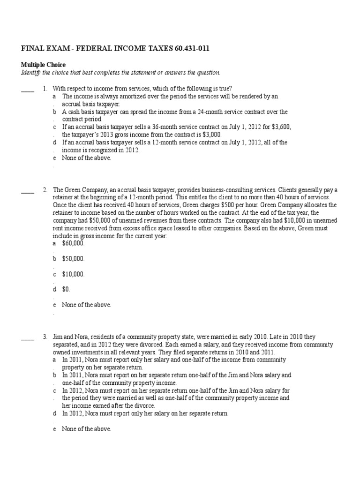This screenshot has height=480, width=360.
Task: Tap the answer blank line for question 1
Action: coord(28,91)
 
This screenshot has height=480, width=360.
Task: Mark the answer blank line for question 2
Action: coord(28,193)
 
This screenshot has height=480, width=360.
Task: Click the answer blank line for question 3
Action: coord(28,339)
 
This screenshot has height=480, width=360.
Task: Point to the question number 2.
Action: coord(45,190)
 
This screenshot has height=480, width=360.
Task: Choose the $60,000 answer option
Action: coord(73,243)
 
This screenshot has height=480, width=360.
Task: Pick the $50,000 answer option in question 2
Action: coord(73,259)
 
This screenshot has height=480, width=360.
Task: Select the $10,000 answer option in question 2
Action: coord(73,274)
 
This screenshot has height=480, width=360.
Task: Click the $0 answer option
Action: coord(66,289)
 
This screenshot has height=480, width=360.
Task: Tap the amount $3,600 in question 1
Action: coord(289,127)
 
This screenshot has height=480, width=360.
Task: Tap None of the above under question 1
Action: coord(86,157)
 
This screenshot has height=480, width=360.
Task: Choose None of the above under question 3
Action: coord(86,428)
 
